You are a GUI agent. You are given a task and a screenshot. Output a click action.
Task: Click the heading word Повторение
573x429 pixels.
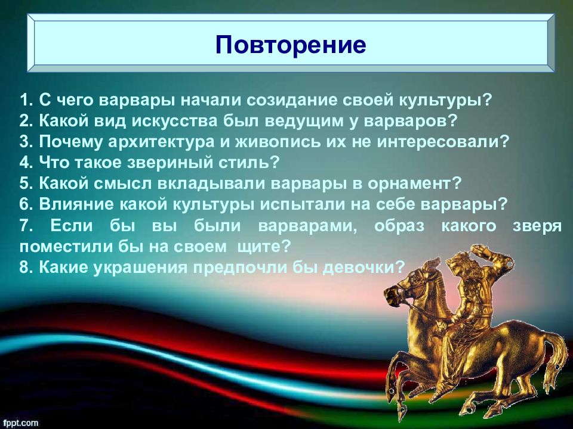click(x=291, y=45)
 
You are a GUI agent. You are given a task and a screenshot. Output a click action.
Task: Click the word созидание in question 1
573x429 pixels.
click(x=292, y=100)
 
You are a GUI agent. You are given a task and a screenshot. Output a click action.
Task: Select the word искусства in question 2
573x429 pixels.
click(x=174, y=121)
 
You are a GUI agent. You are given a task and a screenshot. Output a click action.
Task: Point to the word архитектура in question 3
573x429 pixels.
click(x=161, y=142)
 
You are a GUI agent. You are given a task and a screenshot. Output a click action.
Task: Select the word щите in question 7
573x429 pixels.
click(x=259, y=247)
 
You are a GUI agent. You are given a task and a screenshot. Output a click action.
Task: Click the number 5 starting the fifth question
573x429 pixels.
click(x=26, y=184)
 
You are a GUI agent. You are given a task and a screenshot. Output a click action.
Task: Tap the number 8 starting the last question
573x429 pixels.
click(x=26, y=268)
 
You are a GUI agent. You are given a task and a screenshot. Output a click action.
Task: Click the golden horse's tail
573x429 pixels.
click(x=556, y=361)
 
